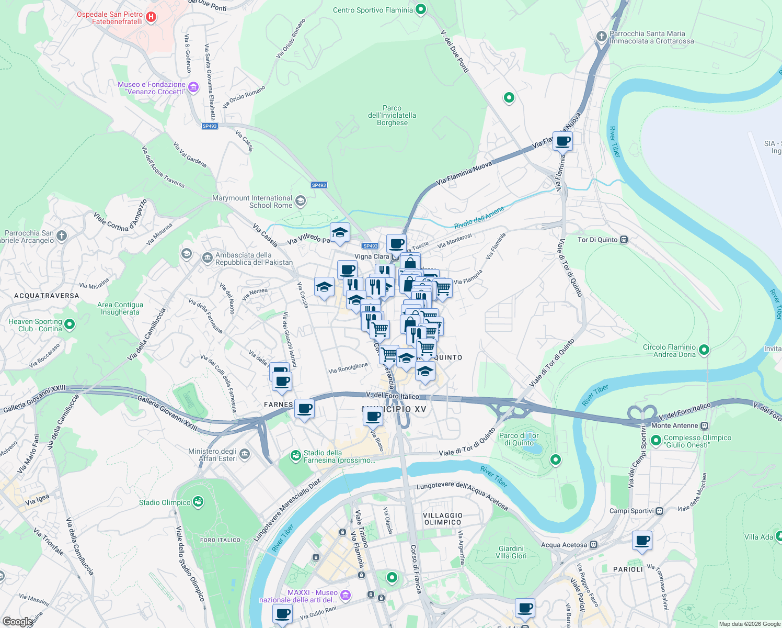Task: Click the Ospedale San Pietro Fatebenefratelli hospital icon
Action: pos(151,17)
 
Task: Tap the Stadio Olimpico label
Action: pos(165,502)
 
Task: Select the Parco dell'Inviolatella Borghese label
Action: pos(392,115)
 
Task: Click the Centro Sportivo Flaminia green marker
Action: pos(421,9)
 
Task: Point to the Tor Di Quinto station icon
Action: pos(624,240)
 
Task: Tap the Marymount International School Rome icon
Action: pos(300,201)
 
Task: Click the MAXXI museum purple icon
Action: pos(345,595)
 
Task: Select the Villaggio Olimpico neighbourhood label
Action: pos(443,519)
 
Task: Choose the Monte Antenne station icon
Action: pos(705,425)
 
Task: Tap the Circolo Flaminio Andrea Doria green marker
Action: pos(704,350)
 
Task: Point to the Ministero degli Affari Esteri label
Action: pos(212,455)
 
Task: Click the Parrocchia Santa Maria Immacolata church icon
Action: pos(602,36)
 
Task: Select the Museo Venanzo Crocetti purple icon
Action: pos(193,87)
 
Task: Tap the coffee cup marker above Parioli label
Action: pos(642,541)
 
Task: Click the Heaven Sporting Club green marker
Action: pos(70,324)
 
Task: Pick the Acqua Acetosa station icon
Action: pos(593,545)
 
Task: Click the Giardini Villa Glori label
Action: pos(511,552)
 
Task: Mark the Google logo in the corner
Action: pos(17,622)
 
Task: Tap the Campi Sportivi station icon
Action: pos(660,511)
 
